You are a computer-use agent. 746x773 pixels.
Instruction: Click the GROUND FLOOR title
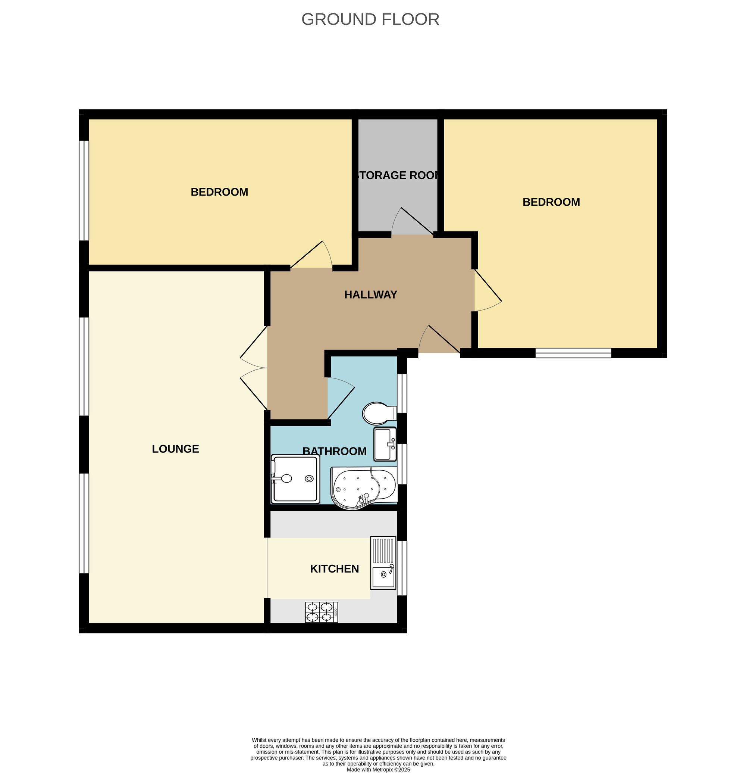(370, 19)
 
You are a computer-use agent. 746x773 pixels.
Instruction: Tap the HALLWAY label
(370, 294)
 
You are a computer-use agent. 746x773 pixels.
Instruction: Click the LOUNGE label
(175, 449)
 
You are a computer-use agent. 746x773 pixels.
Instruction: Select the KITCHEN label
(334, 569)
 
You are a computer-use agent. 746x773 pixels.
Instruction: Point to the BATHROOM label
(334, 451)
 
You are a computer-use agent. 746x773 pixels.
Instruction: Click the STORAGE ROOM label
(397, 175)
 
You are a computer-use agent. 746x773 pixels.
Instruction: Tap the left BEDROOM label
(219, 192)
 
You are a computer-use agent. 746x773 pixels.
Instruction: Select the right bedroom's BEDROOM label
(551, 202)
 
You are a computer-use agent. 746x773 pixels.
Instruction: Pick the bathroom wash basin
(385, 445)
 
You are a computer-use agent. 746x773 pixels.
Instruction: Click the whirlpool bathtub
(363, 487)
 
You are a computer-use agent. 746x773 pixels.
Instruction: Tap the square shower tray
(295, 479)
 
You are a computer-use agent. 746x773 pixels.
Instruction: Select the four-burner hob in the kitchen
(321, 612)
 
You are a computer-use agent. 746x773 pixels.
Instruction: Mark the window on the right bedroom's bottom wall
(573, 353)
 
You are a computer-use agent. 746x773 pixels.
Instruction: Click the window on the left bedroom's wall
(84, 190)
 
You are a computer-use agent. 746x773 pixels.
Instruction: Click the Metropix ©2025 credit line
(378, 769)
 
